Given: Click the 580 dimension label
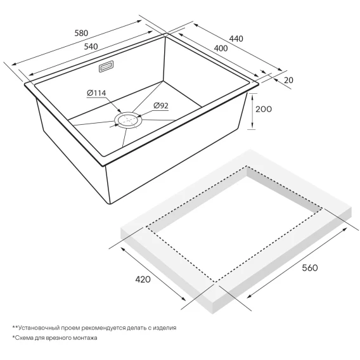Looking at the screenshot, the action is (x=81, y=33).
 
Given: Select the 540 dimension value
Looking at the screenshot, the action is (x=91, y=46).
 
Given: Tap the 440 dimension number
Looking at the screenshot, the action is (x=236, y=39).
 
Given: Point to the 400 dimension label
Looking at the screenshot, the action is (x=221, y=48).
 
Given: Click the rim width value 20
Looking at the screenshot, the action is (x=288, y=80).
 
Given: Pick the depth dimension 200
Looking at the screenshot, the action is (x=264, y=109).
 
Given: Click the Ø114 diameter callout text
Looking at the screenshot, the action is (x=96, y=93).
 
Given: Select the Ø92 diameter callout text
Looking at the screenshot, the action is (x=161, y=106).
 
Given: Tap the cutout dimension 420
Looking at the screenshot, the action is (x=143, y=280).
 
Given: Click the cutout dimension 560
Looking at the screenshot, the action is (x=310, y=267).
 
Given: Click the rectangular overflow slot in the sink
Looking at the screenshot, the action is (x=106, y=67).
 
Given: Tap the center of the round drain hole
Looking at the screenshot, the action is (x=128, y=120).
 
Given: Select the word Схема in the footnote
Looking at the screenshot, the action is (x=23, y=338).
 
